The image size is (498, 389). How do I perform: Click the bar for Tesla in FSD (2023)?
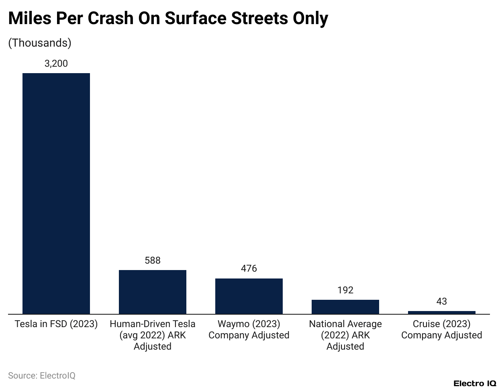pyautogui.click(x=56, y=193)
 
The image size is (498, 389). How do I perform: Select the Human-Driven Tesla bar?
pyautogui.click(x=153, y=292)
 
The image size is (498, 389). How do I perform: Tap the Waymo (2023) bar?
pyautogui.click(x=249, y=296)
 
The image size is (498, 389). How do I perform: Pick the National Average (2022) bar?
pyautogui.click(x=345, y=307)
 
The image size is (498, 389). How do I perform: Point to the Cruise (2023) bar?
pyautogui.click(x=442, y=312)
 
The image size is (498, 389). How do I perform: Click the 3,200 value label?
pyautogui.click(x=56, y=63)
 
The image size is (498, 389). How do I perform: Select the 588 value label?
pyautogui.click(x=153, y=260)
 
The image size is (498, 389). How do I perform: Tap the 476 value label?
pyautogui.click(x=249, y=268)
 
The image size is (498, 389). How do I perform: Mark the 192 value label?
pyautogui.click(x=345, y=290)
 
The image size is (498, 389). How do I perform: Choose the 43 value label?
pyautogui.click(x=442, y=301)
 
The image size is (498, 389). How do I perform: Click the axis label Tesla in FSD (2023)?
pyautogui.click(x=56, y=324)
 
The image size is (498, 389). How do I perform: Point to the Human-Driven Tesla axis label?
pyautogui.click(x=153, y=335)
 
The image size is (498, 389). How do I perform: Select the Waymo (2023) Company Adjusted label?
pyautogui.click(x=249, y=330)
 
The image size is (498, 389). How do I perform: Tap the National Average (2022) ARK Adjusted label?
pyautogui.click(x=345, y=335)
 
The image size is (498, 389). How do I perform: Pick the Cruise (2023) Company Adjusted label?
pyautogui.click(x=442, y=330)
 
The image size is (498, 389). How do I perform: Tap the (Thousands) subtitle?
pyautogui.click(x=40, y=43)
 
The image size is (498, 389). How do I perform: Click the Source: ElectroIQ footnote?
pyautogui.click(x=42, y=376)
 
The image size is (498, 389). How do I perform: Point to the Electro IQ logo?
pyautogui.click(x=474, y=383)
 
